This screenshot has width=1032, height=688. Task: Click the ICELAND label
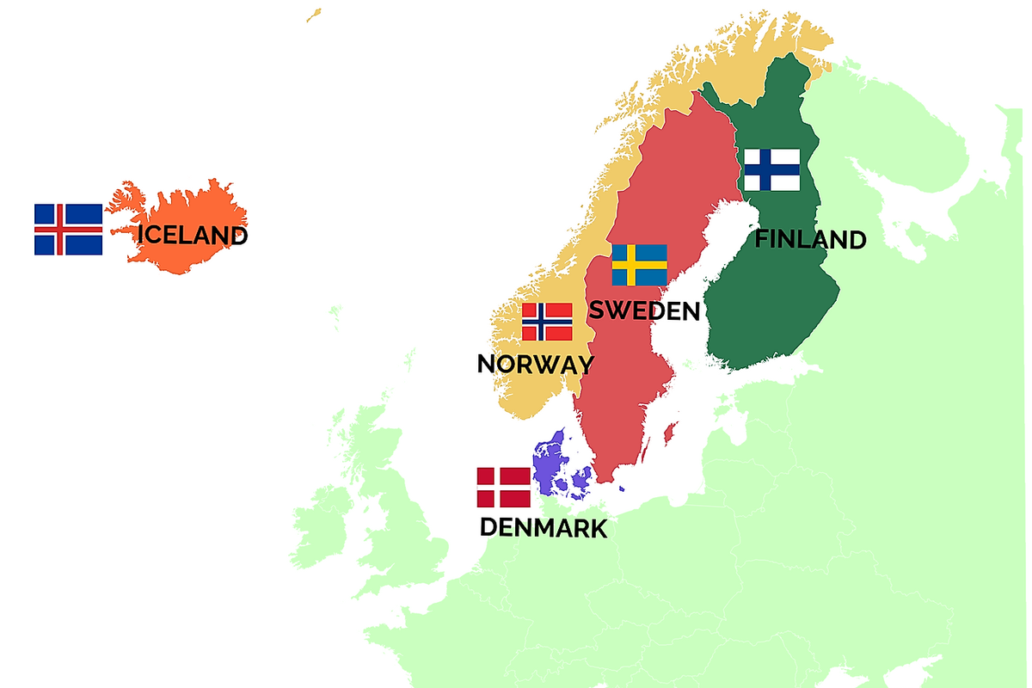click(193, 235)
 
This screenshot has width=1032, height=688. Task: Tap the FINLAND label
click(810, 239)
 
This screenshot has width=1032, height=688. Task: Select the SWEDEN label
click(644, 310)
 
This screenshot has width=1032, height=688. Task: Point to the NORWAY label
click(535, 364)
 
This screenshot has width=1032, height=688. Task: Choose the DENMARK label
click(544, 527)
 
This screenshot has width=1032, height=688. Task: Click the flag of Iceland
click(68, 230)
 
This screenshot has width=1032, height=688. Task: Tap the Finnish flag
click(771, 170)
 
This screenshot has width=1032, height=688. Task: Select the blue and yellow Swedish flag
click(639, 265)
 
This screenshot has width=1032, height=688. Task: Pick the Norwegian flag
click(547, 322)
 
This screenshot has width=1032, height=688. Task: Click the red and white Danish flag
click(504, 488)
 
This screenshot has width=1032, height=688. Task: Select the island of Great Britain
click(404, 525)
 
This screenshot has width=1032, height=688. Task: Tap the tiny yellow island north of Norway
click(314, 15)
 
